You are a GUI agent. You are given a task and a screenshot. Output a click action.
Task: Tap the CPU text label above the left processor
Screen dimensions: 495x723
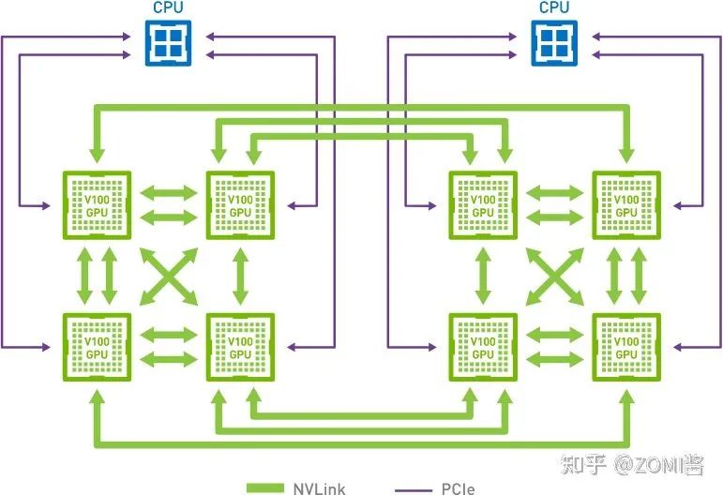tap(170, 8)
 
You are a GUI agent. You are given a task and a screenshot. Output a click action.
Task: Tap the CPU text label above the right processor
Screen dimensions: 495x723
tap(555, 8)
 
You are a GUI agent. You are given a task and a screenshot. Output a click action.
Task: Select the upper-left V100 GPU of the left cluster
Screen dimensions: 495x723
tap(98, 205)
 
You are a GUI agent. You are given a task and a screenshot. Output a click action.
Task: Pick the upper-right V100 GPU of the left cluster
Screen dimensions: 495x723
tap(240, 205)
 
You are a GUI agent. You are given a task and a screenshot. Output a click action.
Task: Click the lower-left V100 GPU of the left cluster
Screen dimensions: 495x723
tap(98, 347)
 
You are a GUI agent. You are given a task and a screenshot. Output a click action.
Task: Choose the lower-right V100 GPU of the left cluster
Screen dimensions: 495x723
tap(240, 347)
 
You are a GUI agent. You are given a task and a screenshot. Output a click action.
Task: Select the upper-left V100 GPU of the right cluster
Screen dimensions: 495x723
tap(484, 205)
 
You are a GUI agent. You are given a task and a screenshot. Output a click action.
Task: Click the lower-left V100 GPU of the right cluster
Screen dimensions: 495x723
tap(484, 347)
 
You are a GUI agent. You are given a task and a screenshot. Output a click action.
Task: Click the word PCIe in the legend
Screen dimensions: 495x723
tap(458, 488)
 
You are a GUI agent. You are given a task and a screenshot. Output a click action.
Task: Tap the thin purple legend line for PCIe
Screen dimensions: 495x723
tap(412, 488)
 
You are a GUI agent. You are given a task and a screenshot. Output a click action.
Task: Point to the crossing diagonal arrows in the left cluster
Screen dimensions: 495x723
tap(169, 277)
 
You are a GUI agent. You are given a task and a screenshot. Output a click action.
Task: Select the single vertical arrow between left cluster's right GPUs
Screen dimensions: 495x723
tap(240, 277)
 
